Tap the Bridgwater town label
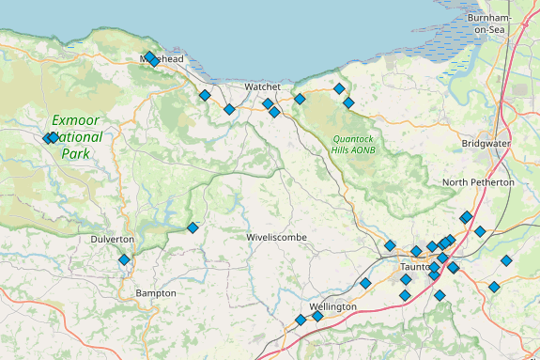click(486, 144)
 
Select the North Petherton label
click(478, 181)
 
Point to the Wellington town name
click(332, 307)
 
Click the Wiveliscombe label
click(277, 238)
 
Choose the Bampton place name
click(156, 293)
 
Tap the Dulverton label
click(113, 240)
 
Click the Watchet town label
click(263, 86)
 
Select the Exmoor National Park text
click(76, 136)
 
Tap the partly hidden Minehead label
click(162, 58)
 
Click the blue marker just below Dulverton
click(124, 259)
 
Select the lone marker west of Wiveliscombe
click(193, 227)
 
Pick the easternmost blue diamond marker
click(506, 260)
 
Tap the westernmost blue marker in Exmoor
click(47, 138)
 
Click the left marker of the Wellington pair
click(301, 320)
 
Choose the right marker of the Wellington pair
click(317, 316)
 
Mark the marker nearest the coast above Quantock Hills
click(339, 88)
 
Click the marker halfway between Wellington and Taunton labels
click(364, 283)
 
